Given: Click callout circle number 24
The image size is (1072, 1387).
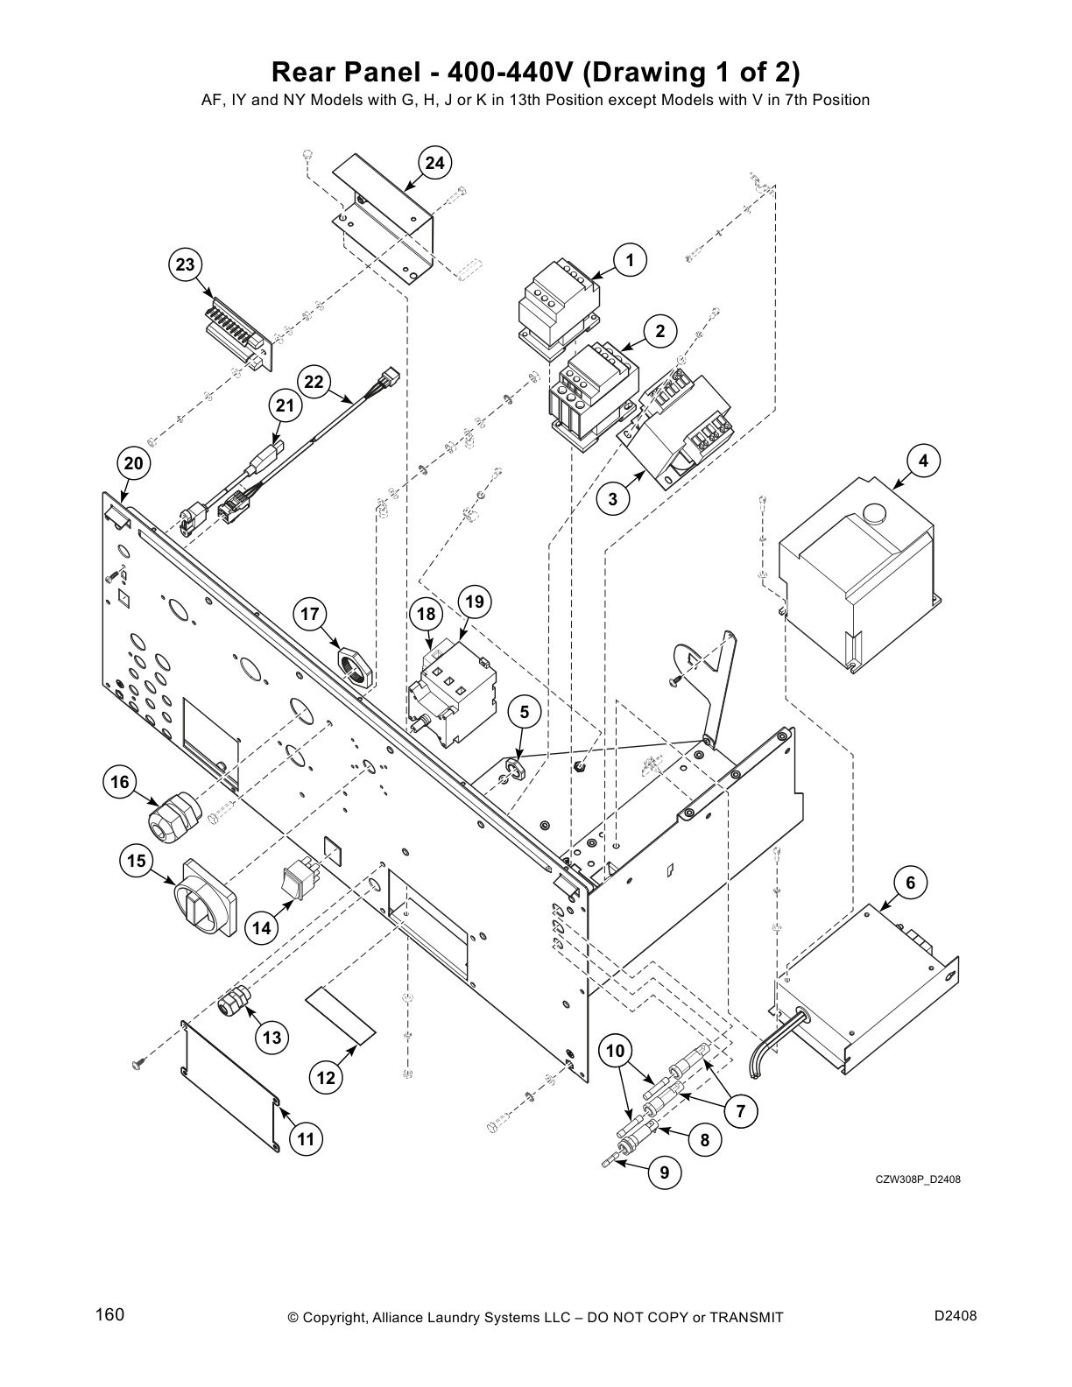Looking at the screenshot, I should (435, 163).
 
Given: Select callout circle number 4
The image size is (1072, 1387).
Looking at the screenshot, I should (923, 461).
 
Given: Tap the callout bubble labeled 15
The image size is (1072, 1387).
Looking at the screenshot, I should (136, 861).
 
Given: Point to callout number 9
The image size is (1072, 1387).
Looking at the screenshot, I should (665, 1172).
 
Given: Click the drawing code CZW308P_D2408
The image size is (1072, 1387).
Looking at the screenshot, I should (918, 1179).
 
